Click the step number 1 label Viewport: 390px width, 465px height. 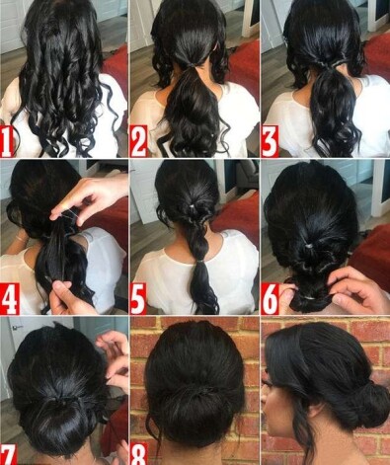click(x=7, y=141)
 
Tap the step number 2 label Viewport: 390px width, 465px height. click(x=138, y=141)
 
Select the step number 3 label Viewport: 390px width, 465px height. click(x=270, y=141)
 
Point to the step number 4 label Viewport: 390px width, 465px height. click(x=9, y=299)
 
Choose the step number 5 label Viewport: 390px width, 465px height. click(x=138, y=299)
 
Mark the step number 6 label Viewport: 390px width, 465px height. click(x=270, y=299)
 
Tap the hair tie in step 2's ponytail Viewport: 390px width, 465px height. click(x=191, y=66)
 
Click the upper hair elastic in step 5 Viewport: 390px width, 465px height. click(x=191, y=206)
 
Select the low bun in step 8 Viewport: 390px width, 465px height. click(x=195, y=416)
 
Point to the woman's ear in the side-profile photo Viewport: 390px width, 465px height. click(x=315, y=411)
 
